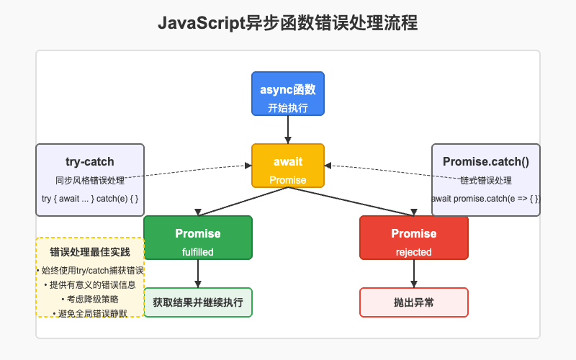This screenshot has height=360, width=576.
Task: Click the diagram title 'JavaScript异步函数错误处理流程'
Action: pyautogui.click(x=287, y=23)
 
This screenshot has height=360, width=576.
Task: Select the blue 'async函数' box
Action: pyautogui.click(x=288, y=94)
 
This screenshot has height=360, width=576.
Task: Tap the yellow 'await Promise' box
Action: pyautogui.click(x=288, y=166)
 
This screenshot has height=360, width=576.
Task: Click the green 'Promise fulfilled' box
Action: pyautogui.click(x=198, y=238)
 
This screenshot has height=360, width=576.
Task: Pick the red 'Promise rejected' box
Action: pyautogui.click(x=414, y=238)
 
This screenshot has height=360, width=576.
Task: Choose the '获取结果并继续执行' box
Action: pyautogui.click(x=198, y=302)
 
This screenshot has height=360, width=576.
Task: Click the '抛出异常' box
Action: pyautogui.click(x=414, y=302)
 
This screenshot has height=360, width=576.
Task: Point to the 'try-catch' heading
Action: pyautogui.click(x=90, y=162)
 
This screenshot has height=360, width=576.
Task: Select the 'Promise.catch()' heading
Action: pyautogui.click(x=486, y=162)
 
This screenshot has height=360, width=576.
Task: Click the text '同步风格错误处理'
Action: pyautogui.click(x=90, y=180)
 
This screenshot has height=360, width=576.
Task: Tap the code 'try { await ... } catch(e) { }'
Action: pyautogui.click(x=90, y=198)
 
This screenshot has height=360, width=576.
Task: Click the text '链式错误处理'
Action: pyautogui.click(x=486, y=180)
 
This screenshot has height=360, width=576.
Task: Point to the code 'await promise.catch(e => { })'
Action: pyautogui.click(x=486, y=198)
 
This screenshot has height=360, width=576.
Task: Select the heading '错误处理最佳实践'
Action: pyautogui.click(x=90, y=253)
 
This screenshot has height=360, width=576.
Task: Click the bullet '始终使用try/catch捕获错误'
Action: pyautogui.click(x=90, y=270)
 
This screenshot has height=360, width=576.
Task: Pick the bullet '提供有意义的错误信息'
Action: pyautogui.click(x=90, y=284)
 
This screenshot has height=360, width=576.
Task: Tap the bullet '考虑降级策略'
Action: pyautogui.click(x=90, y=299)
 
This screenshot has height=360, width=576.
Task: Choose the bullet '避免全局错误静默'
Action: pyautogui.click(x=90, y=313)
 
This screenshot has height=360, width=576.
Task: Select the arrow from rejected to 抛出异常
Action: pyautogui.click(x=414, y=274)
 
